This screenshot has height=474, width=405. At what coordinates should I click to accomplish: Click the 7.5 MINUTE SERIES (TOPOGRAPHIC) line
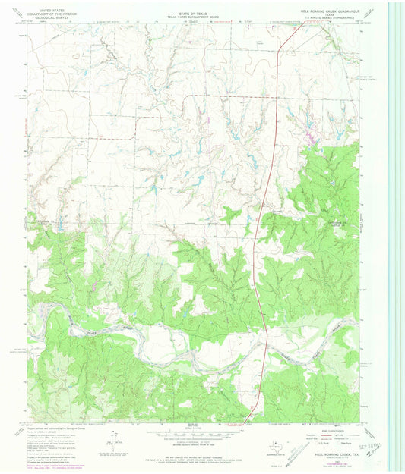tap(332, 15)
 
